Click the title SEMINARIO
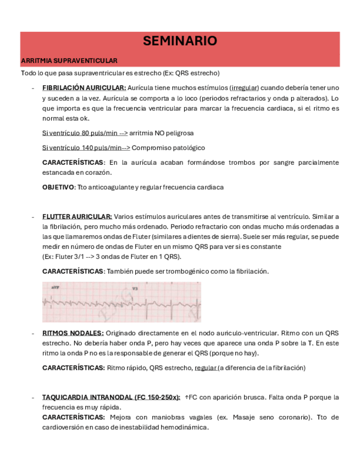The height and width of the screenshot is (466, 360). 180,41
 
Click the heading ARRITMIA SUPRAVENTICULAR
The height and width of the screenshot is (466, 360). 69,60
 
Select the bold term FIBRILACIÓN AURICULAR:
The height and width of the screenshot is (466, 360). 84,88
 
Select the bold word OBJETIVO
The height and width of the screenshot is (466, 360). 58,187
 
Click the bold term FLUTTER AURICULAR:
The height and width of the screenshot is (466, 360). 77,217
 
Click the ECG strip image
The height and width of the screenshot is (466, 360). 121,302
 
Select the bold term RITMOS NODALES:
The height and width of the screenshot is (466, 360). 73,333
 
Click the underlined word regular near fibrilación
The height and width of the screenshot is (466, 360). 206,368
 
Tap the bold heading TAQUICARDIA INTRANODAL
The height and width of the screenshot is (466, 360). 91,397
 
